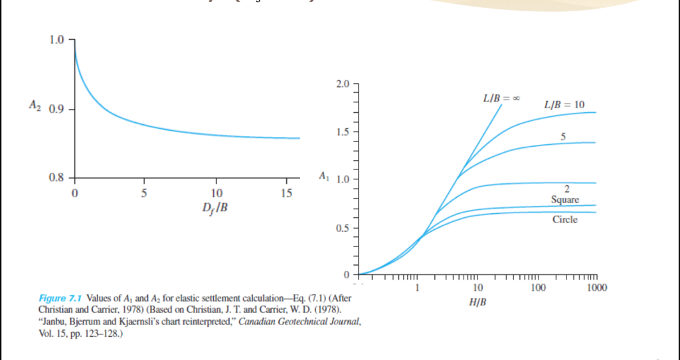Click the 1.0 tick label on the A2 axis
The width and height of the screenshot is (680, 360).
[x=58, y=40]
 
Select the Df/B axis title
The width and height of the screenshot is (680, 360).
[x=214, y=207]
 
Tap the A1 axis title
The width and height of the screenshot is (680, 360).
[x=323, y=177]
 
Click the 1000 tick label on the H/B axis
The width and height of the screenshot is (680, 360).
[x=596, y=288]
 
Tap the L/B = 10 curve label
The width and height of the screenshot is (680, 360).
[x=564, y=105]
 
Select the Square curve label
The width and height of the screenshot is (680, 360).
[x=565, y=200]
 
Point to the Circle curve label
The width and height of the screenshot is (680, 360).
[x=565, y=219]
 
